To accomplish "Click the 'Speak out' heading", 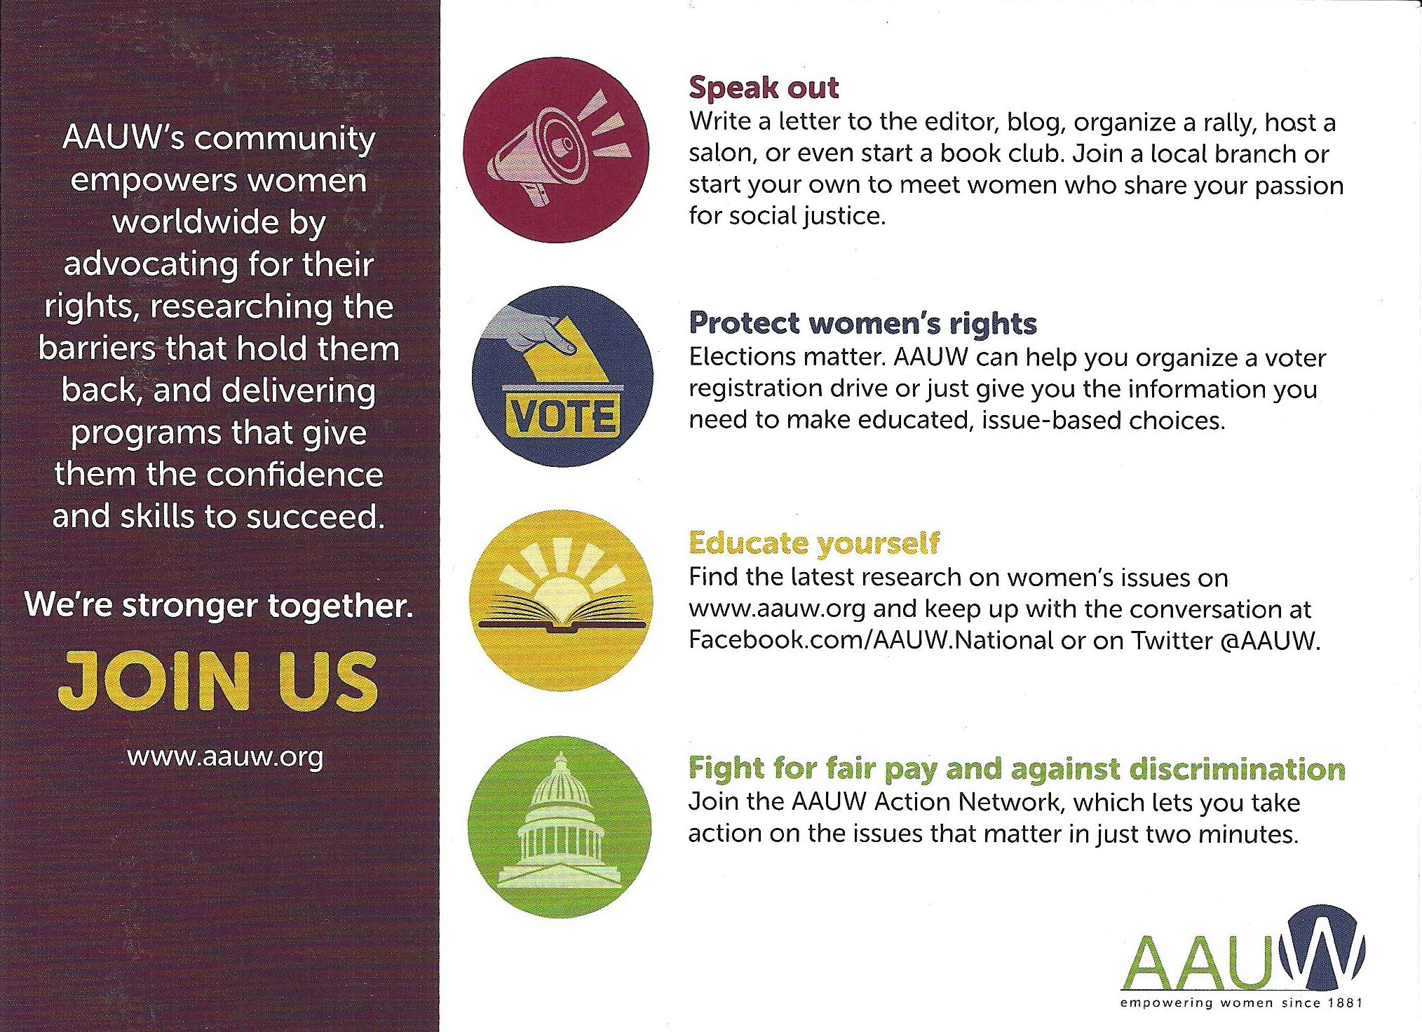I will pos(764,88).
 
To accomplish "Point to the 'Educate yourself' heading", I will pos(814,543).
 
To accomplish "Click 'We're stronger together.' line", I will pos(219,605).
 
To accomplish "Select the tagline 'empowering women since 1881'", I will pos(1241,1003).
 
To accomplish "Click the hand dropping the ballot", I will pos(529,330).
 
